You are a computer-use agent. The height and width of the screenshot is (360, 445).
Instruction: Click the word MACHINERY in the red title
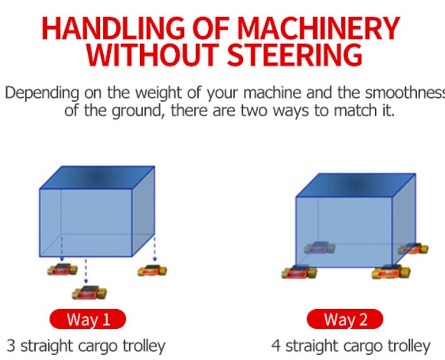[318, 29]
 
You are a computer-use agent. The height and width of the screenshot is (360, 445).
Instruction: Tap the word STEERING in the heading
[295, 55]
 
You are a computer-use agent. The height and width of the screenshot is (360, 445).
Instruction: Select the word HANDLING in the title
[113, 29]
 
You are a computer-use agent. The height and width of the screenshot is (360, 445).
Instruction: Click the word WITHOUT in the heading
[152, 55]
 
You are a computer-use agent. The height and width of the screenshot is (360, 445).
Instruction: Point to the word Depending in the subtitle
[42, 93]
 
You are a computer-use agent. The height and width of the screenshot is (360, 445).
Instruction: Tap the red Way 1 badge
[88, 319]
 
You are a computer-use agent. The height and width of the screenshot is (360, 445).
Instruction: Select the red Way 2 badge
[345, 319]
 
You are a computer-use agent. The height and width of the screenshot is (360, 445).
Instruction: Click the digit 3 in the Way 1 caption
[11, 346]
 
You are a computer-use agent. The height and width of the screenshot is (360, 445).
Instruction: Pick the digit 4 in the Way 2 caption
[276, 346]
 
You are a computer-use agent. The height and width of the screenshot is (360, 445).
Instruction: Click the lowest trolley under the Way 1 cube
[89, 293]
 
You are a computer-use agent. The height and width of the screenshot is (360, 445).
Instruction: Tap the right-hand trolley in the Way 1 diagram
[152, 271]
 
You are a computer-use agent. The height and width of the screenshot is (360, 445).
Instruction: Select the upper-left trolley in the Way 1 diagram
[62, 269]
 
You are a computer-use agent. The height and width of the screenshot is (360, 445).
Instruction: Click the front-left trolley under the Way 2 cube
[299, 272]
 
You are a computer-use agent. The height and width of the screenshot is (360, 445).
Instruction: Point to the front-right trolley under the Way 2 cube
[391, 272]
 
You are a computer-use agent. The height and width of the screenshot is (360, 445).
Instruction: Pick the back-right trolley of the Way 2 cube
[414, 249]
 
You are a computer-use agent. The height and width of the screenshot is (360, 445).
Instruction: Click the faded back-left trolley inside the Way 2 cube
[320, 248]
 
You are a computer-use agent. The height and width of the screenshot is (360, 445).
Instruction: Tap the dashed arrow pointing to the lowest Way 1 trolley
[86, 271]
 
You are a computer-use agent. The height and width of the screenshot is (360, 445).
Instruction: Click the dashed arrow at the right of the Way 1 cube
[155, 249]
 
